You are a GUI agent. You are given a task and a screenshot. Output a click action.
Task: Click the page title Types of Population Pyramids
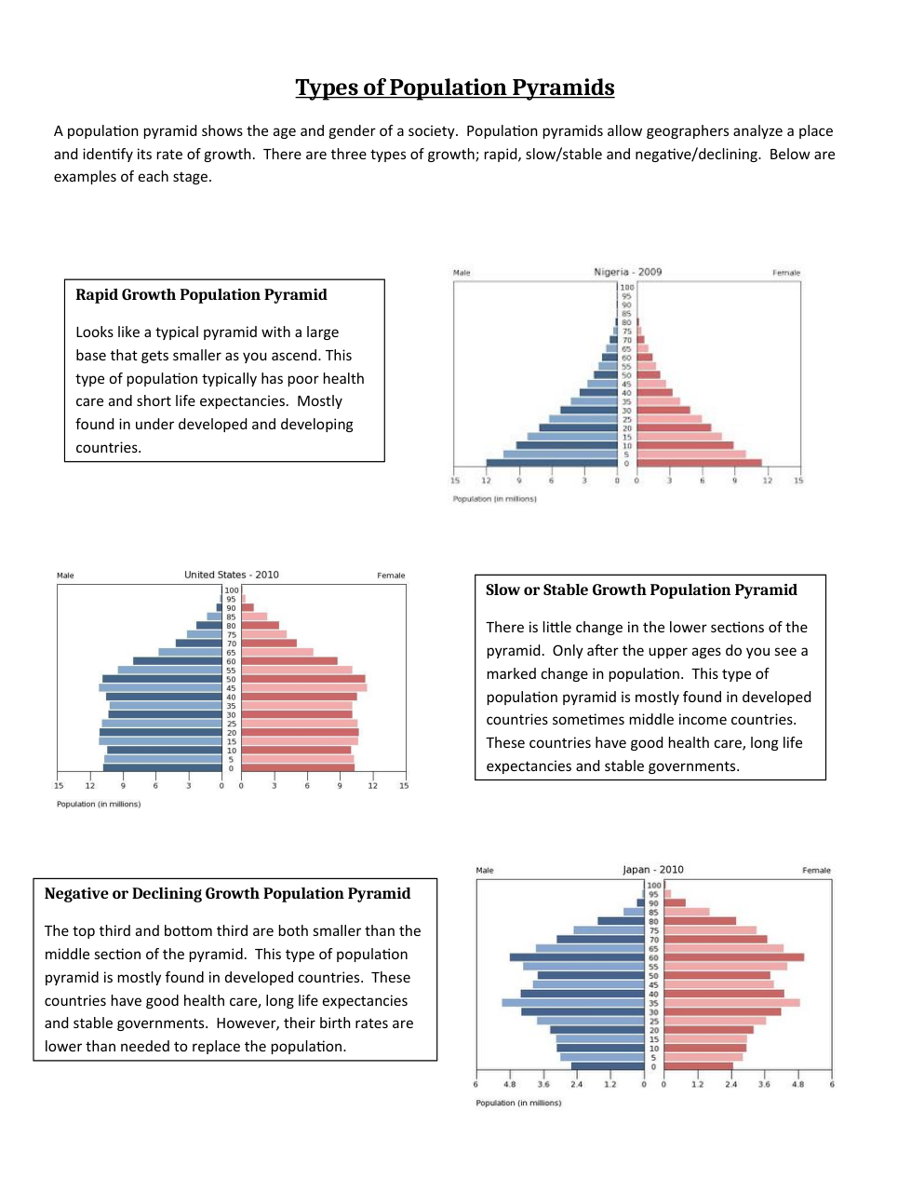455,88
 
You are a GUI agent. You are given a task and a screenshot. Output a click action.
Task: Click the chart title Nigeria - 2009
627,272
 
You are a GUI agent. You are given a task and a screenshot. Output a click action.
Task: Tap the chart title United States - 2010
231,575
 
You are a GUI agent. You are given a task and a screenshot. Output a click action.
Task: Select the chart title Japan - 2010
652,870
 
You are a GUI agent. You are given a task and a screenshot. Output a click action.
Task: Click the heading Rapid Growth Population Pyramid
201,295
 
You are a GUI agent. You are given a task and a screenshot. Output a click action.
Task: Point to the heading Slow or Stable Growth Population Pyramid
641,590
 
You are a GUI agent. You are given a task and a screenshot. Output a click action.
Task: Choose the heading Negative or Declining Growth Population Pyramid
227,894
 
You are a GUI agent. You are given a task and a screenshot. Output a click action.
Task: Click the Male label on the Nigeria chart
462,273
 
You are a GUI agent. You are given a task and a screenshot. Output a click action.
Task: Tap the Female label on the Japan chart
816,871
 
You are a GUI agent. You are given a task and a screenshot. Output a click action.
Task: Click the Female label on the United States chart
391,576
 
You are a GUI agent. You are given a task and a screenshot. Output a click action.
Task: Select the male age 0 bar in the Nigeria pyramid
551,463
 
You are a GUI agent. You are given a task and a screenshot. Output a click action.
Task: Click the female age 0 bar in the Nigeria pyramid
699,463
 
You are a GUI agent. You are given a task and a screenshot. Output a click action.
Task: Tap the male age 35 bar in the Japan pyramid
572,1003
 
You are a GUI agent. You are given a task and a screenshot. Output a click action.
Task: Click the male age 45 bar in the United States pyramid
160,688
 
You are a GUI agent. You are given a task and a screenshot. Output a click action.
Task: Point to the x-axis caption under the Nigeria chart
494,499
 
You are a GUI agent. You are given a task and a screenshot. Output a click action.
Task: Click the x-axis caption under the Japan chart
518,1103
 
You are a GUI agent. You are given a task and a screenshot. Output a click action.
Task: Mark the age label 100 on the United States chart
232,590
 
